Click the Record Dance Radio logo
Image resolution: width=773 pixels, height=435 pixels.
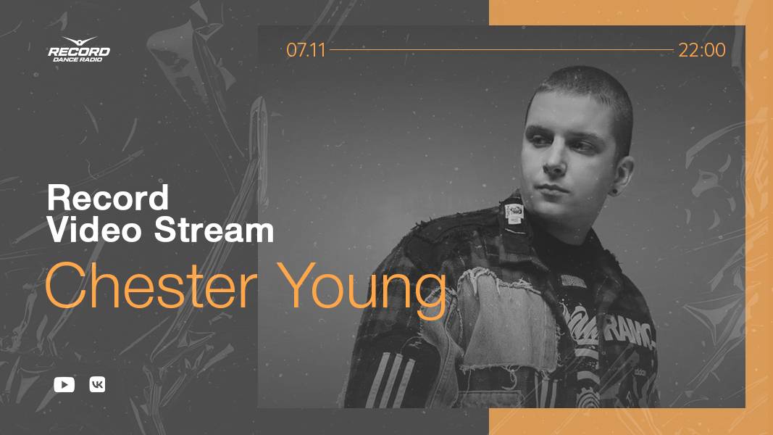pyautogui.click(x=79, y=49)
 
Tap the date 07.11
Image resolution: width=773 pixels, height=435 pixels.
pyautogui.click(x=306, y=50)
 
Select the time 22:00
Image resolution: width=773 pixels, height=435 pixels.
pyautogui.click(x=701, y=50)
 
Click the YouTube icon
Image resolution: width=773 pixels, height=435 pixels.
pyautogui.click(x=64, y=385)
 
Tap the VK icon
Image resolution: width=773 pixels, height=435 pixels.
pyautogui.click(x=97, y=385)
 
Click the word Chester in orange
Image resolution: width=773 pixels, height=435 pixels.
pyautogui.click(x=151, y=286)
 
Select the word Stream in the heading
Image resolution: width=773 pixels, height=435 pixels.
pyautogui.click(x=214, y=231)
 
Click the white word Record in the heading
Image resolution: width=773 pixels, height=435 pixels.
pyautogui.click(x=108, y=198)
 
